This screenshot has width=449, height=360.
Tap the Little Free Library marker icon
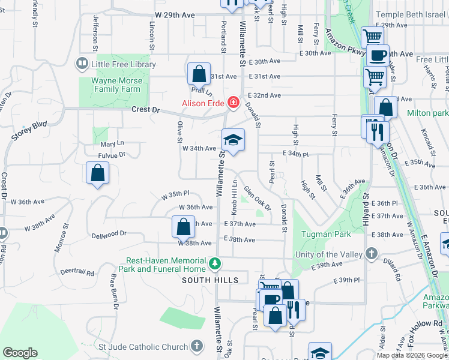click(x=81, y=64)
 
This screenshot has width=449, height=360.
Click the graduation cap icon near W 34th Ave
click(x=233, y=141)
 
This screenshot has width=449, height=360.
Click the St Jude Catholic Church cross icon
click(x=196, y=346)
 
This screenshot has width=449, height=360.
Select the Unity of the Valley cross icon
click(x=372, y=254)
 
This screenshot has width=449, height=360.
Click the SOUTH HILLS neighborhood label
click(x=211, y=280)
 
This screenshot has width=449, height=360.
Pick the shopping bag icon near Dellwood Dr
click(x=184, y=227)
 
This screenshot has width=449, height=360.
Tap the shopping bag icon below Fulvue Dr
click(x=97, y=174)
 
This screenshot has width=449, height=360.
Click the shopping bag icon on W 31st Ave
click(x=198, y=74)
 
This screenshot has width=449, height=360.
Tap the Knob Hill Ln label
click(x=235, y=197)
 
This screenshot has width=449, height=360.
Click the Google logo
click(x=20, y=353)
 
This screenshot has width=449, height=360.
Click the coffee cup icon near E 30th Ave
click(x=378, y=56)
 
